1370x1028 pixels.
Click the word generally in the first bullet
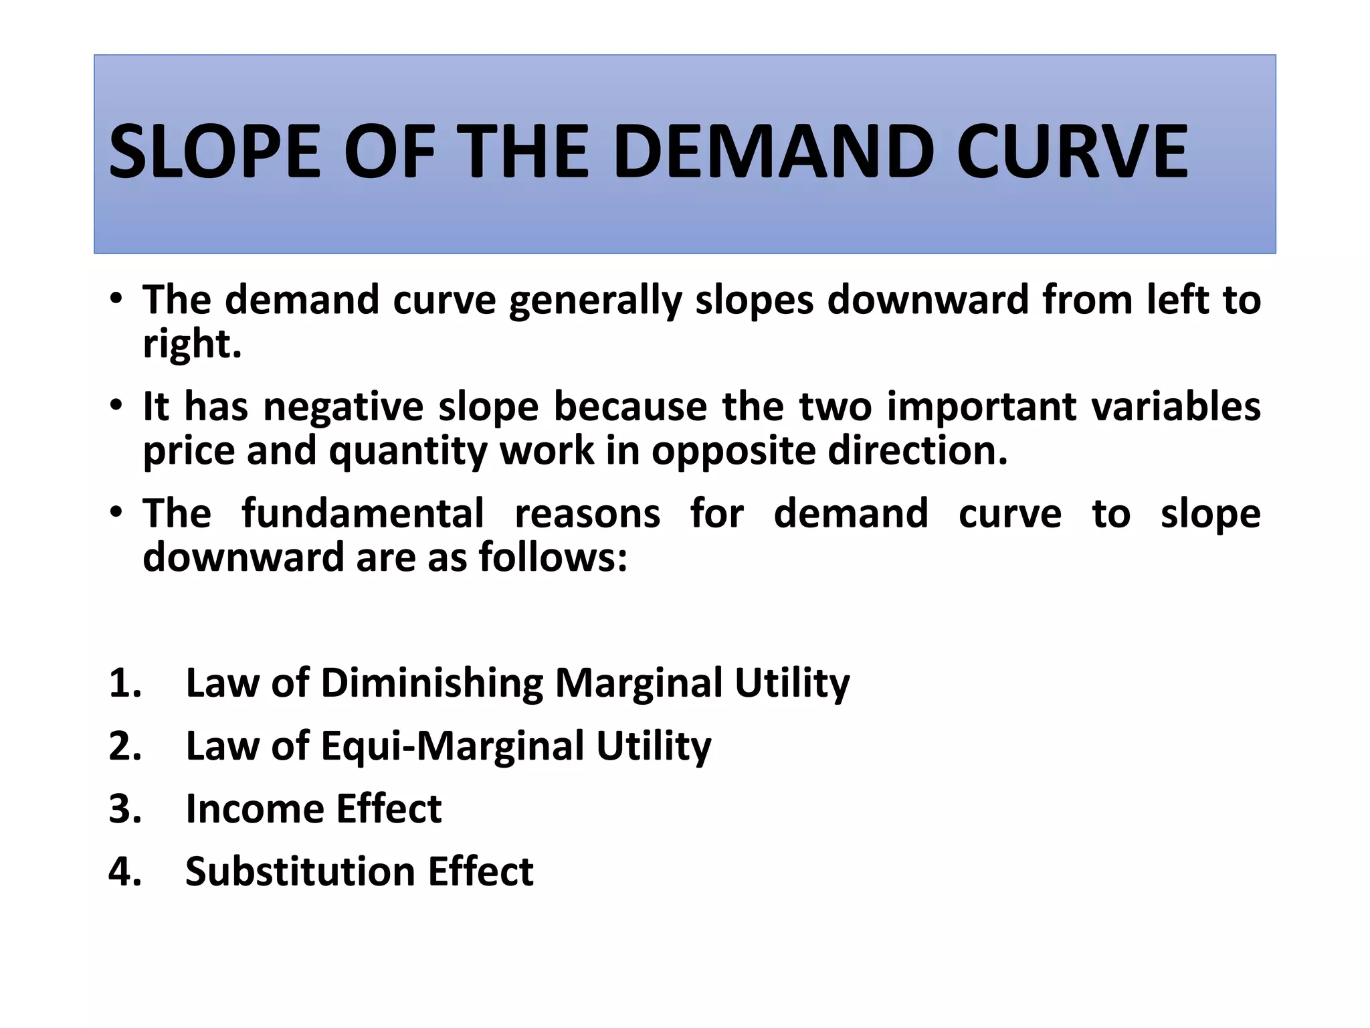tap(595, 301)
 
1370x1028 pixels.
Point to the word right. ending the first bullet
tap(192, 344)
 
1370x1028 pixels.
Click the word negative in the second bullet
tap(343, 407)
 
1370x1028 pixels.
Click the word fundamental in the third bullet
tap(363, 514)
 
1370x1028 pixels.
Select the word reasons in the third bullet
tap(587, 514)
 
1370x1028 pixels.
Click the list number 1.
tap(125, 683)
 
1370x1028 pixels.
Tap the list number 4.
tap(125, 872)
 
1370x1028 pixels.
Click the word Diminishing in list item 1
tap(431, 683)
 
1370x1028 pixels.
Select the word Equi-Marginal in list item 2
tap(452, 746)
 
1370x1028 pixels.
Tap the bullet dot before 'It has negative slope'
tap(116, 406)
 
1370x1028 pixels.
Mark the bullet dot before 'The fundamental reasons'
tap(116, 513)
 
